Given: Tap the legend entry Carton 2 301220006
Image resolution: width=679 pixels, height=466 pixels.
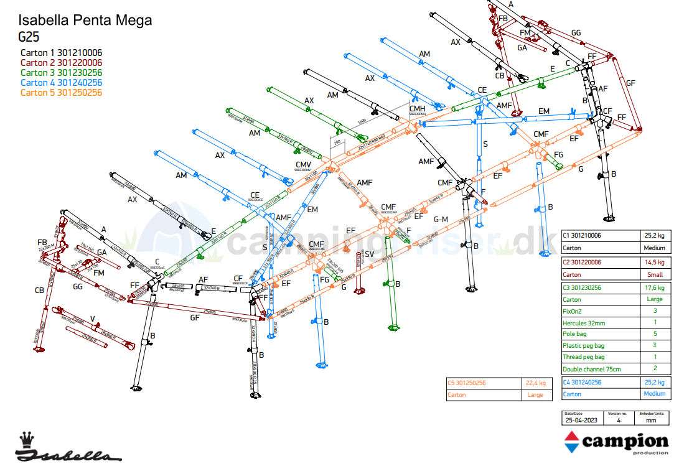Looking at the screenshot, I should pos(61,63).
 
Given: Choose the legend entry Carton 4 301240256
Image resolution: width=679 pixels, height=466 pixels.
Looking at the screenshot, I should pos(61,83).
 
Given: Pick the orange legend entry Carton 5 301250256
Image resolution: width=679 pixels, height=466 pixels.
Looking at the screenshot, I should pos(61,93).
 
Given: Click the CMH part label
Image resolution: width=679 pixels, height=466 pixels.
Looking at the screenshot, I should pos(417,110).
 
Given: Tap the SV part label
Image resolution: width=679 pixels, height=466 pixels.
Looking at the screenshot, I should pos(369,254).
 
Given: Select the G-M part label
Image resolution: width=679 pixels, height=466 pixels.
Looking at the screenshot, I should pos(441,219).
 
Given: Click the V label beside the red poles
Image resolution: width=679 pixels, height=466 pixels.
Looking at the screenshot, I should pos(92,319).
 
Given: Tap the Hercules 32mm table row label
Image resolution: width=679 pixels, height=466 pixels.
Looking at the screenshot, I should pos(583,322).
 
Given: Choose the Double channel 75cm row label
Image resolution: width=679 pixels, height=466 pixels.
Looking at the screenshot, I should pos(591,369).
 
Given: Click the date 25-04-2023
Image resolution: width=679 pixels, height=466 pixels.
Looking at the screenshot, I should pos(581,420).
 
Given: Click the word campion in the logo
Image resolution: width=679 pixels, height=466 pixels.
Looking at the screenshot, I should pos(624,442).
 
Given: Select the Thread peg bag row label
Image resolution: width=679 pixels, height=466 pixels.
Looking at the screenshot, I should pos(583,357).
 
